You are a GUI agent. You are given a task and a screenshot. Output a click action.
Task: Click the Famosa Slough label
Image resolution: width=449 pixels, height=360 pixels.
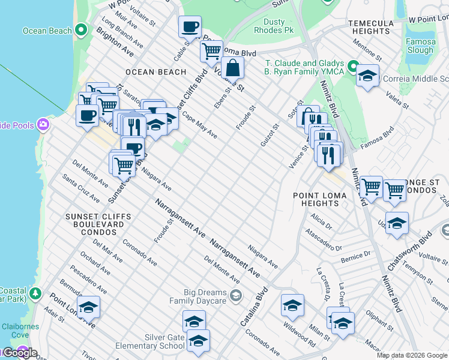[420, 46]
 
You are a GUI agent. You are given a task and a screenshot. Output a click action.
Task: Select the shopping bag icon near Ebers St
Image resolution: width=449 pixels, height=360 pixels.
[232, 68]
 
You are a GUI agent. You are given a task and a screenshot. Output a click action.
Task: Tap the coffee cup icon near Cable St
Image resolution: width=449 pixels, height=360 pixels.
[190, 27]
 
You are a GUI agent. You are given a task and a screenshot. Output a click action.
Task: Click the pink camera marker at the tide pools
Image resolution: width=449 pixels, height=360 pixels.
[43, 125]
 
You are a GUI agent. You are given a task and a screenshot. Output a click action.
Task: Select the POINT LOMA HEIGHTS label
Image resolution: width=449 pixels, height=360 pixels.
[316, 199]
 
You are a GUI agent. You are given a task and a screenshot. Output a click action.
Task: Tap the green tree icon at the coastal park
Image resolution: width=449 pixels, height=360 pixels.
[36, 293]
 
